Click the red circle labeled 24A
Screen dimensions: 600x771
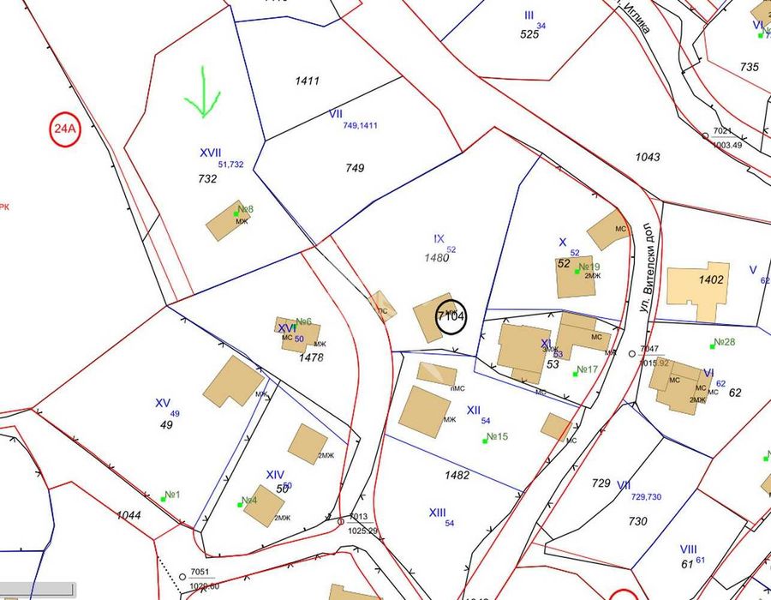64,130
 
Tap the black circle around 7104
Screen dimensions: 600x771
451,315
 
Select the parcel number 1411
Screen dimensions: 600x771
307,81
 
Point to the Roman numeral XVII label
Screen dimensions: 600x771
210,152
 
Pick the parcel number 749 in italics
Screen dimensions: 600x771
355,168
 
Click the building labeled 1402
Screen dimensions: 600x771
699,288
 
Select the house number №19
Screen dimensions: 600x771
589,267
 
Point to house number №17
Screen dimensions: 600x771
587,370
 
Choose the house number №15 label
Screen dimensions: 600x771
497,437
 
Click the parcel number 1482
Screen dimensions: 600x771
457,474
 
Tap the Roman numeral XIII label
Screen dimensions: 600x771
437,513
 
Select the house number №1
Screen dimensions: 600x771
171,495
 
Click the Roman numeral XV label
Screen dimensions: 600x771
163,403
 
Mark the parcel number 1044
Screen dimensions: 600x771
128,514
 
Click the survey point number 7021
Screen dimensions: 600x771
724,131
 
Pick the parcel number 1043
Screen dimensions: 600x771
648,157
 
